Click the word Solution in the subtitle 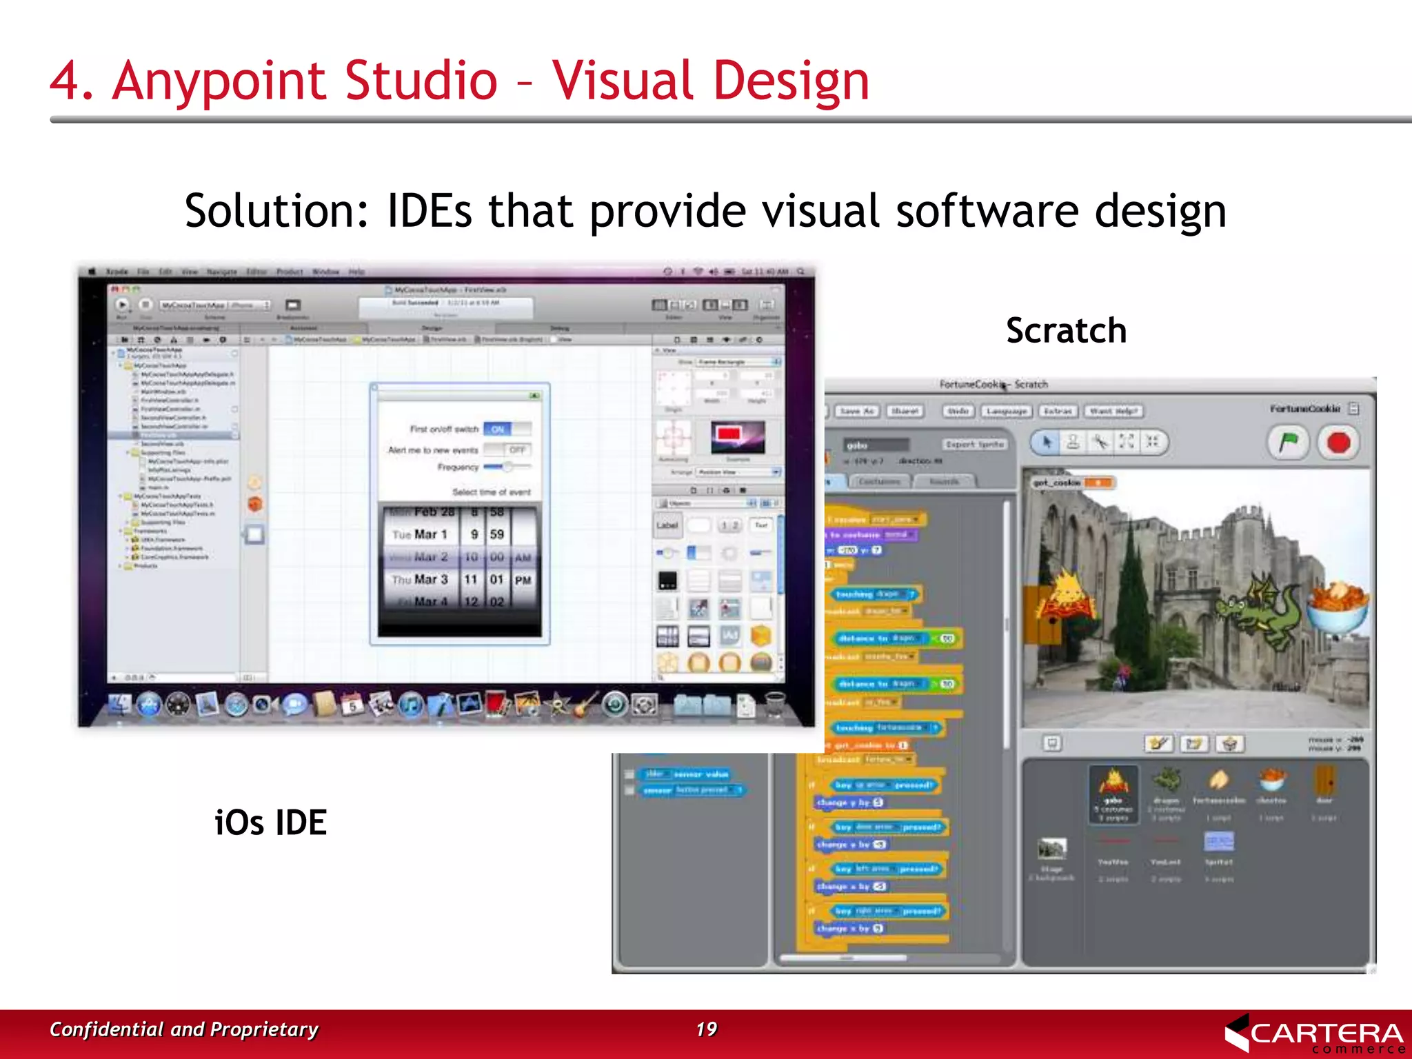[x=276, y=211]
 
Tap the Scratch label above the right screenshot [x=1066, y=330]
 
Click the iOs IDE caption [x=270, y=823]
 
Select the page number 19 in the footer [x=706, y=1029]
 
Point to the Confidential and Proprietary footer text [x=183, y=1029]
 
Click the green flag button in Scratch [x=1288, y=442]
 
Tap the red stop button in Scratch [x=1338, y=442]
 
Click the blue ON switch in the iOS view [x=498, y=429]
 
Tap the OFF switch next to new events [x=516, y=450]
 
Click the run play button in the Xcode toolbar [x=122, y=304]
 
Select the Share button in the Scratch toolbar [x=905, y=411]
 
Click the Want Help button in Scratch [x=1113, y=411]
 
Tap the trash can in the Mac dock [x=775, y=704]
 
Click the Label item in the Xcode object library [x=667, y=525]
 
